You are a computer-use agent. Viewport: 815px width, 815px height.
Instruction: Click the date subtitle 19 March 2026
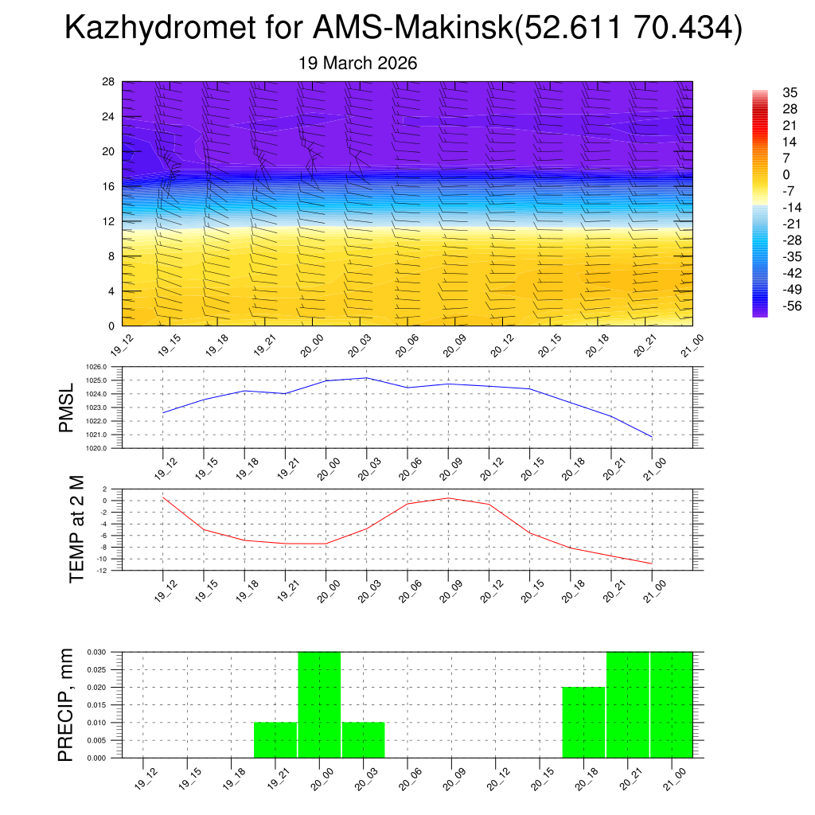(x=357, y=63)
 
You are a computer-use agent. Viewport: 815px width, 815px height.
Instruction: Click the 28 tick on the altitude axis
(x=108, y=82)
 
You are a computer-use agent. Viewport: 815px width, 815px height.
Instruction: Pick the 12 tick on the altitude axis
(x=108, y=221)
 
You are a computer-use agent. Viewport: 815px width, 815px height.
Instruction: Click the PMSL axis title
(x=66, y=407)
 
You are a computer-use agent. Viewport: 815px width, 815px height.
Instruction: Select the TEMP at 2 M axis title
(x=76, y=528)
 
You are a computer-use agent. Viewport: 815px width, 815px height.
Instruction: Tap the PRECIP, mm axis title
(x=66, y=704)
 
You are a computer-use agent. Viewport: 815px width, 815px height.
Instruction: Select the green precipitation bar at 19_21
(x=275, y=740)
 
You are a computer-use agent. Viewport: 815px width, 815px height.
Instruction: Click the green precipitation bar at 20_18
(x=583, y=722)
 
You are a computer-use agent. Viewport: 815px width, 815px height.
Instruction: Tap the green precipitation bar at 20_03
(x=364, y=740)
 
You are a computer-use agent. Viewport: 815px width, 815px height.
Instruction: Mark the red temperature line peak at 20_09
(x=447, y=498)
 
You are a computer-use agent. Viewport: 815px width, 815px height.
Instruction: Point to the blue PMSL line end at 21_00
(x=652, y=437)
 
